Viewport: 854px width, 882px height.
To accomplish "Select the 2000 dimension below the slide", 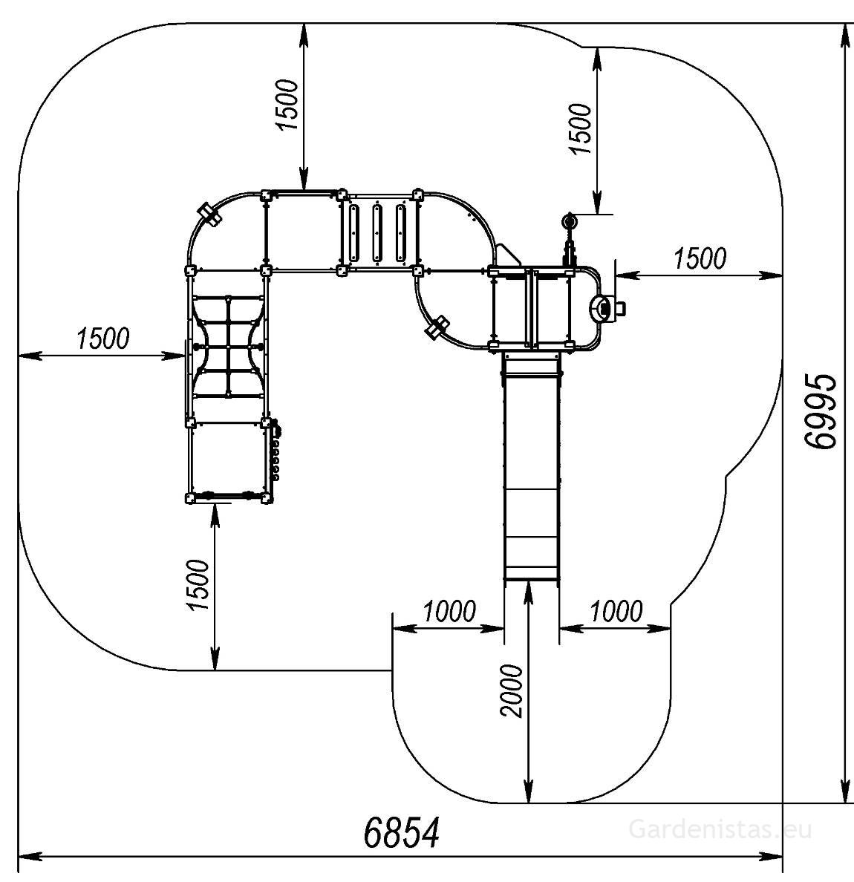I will pos(512,690).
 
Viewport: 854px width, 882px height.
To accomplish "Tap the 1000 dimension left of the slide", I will pos(449,612).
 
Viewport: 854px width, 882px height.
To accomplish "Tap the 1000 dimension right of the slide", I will pos(616,612).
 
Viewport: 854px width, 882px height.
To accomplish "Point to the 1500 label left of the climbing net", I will pos(102,339).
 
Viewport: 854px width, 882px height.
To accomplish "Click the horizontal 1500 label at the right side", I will pos(700,258).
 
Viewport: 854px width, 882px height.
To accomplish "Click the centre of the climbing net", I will pos(229,346).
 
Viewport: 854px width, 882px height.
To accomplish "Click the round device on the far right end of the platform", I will pos(603,307).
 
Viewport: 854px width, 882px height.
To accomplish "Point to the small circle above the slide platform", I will pos(570,222).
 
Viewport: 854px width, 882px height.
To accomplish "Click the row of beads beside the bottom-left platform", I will pos(276,451).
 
